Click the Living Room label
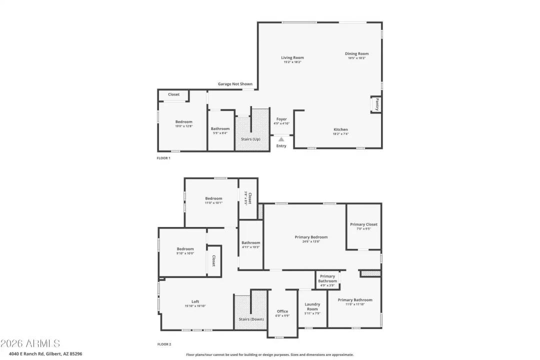292,57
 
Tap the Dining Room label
356,53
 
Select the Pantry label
377,104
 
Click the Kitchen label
340,129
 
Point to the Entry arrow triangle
281,139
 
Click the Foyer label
281,119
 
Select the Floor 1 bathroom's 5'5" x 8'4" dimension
220,133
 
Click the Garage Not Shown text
235,84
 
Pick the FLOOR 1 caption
163,158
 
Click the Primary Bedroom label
311,237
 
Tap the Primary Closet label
363,224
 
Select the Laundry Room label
312,306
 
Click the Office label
282,311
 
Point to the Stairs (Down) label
251,319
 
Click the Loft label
195,301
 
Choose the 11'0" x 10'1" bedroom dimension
213,203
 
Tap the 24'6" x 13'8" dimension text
311,241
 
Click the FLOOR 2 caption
164,344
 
